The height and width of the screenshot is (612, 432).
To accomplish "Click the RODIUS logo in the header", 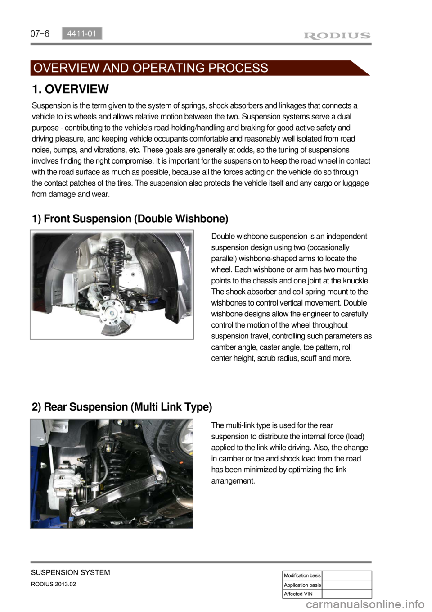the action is click(x=337, y=36).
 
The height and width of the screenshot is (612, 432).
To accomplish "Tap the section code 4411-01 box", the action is click(x=82, y=33).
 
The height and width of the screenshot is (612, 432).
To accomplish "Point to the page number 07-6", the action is click(x=40, y=34).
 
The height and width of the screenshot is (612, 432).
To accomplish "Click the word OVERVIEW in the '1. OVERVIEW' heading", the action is click(x=76, y=89).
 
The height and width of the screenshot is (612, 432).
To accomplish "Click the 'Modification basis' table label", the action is click(x=302, y=575).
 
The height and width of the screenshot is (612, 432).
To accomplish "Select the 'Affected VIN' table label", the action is click(x=298, y=594).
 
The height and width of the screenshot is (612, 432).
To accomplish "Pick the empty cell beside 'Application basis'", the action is click(x=347, y=585).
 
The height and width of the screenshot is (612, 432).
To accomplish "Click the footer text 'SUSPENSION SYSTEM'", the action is click(x=71, y=572).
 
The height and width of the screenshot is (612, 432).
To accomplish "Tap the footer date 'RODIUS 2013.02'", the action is click(x=54, y=584).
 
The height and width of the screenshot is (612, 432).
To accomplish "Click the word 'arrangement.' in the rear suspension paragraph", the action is click(x=233, y=481).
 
